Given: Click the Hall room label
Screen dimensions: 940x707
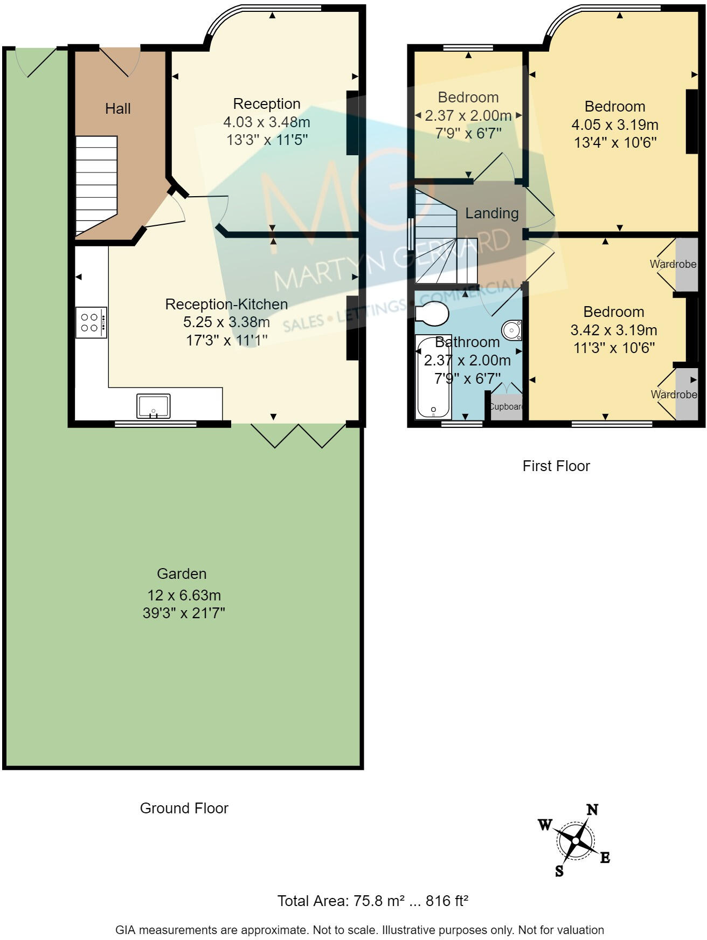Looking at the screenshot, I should tap(117, 109).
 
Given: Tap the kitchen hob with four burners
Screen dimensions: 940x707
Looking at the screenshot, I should tap(91, 322).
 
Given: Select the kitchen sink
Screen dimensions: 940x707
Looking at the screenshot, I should tap(154, 406).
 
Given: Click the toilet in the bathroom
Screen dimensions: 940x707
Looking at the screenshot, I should tap(432, 313).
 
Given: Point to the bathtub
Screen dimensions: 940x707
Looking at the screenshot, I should tap(433, 377).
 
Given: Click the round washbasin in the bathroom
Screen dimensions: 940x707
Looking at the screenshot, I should tap(511, 329).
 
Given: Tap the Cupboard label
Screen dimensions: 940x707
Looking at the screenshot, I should tap(506, 406).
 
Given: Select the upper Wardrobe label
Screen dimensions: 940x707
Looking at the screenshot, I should tap(673, 264).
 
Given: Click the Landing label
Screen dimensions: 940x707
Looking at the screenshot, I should tap(491, 213).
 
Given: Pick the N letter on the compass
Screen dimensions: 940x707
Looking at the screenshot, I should tap(592, 810).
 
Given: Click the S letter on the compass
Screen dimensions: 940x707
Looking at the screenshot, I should tap(559, 871).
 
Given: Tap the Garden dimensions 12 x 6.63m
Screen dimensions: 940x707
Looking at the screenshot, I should tap(184, 596).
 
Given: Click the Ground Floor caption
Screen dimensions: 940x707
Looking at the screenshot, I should tap(184, 808).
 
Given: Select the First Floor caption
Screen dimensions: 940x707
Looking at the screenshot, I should tap(556, 466).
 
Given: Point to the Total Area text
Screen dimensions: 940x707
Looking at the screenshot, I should tap(372, 901).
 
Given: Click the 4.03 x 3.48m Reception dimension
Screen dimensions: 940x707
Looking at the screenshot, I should tap(267, 122).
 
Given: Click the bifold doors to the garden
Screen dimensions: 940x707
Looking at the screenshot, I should tap(298, 436).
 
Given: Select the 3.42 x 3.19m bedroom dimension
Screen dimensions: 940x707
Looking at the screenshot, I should tap(613, 330).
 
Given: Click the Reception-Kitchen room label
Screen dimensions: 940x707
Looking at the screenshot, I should tap(226, 304).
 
